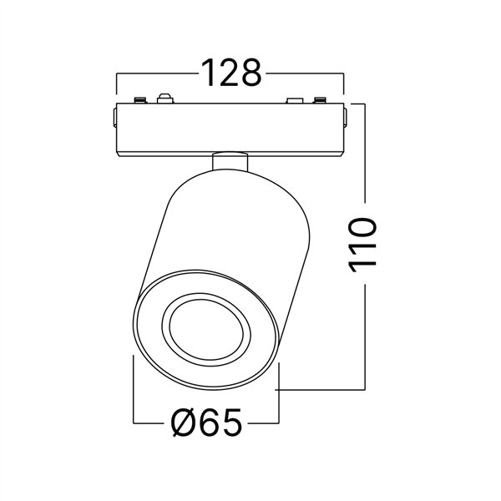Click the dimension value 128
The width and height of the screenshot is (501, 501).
(230, 73)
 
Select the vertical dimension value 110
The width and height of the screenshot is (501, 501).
(363, 243)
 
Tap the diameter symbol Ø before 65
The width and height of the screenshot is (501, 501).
(185, 424)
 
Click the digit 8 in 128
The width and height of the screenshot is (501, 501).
(248, 73)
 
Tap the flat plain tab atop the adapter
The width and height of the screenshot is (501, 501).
(294, 102)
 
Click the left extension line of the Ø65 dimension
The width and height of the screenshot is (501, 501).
(134, 392)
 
